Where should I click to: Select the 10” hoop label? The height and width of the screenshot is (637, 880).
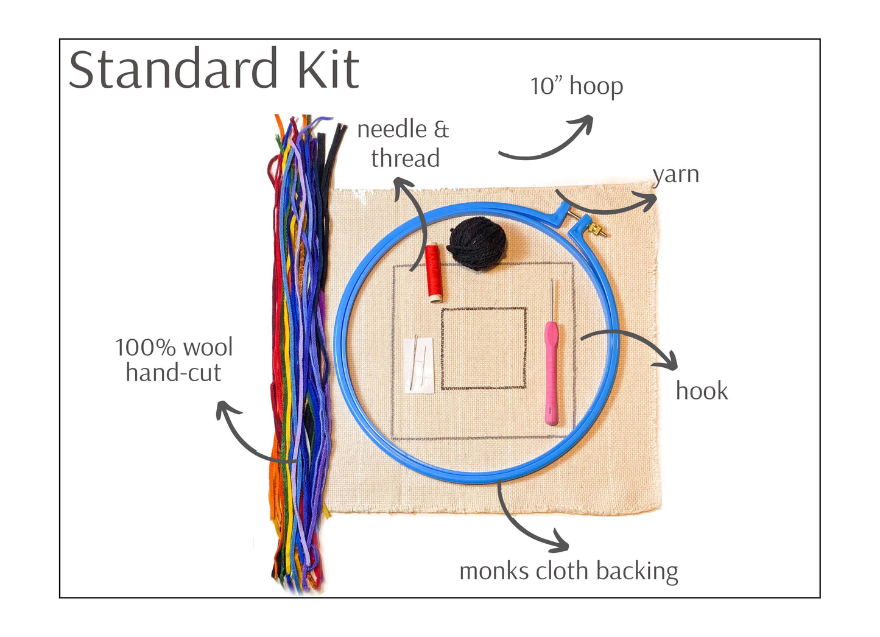point(576,86)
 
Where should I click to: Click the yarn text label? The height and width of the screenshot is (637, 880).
point(675,175)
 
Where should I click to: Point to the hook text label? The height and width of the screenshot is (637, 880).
point(702,391)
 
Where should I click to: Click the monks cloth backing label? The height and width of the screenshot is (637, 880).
point(568,572)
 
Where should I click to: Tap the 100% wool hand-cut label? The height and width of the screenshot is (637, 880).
point(174,360)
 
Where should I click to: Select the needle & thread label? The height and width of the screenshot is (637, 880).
point(403,144)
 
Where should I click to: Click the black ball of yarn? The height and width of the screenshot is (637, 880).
point(477,244)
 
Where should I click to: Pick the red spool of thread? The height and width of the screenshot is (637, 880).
point(434,273)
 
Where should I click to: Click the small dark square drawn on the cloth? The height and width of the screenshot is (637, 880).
point(484,348)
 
